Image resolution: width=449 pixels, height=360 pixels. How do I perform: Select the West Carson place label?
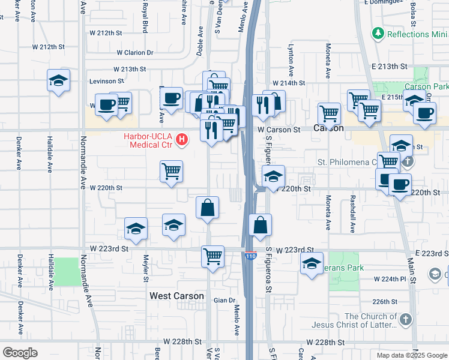pyautogui.click(x=177, y=296)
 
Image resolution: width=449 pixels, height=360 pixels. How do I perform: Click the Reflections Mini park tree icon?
pyautogui.click(x=378, y=32)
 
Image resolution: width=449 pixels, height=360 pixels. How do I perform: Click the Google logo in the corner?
pyautogui.click(x=20, y=353)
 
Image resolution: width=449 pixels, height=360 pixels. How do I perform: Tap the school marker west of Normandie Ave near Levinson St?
pyautogui.click(x=59, y=81)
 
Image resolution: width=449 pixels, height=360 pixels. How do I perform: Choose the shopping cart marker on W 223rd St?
pyautogui.click(x=213, y=257)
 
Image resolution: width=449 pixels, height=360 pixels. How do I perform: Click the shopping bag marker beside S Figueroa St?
pyautogui.click(x=261, y=226)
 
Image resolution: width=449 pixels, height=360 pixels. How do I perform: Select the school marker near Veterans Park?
pyautogui.click(x=312, y=264)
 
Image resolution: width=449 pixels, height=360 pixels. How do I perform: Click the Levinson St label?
pyautogui.click(x=106, y=80)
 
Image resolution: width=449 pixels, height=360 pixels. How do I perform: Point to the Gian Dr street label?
pyautogui.click(x=223, y=300)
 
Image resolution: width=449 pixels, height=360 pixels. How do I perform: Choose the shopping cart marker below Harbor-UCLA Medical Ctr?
pyautogui.click(x=171, y=172)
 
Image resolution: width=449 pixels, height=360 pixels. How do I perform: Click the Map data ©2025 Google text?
pyautogui.click(x=411, y=355)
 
